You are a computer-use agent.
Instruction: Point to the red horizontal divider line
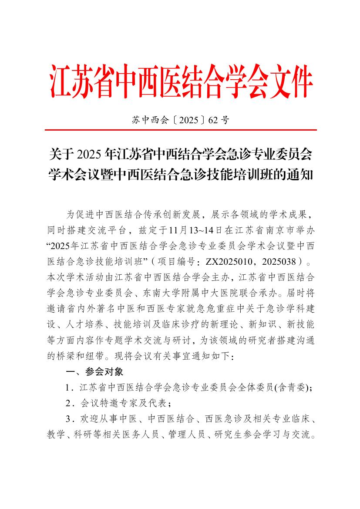coord(180,130)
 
